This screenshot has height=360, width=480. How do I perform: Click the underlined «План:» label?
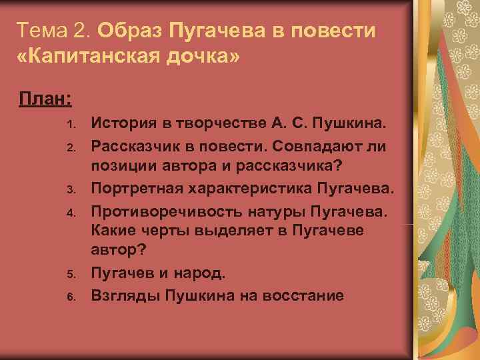click(x=46, y=99)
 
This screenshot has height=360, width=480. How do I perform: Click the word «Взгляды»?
click(x=123, y=295)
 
